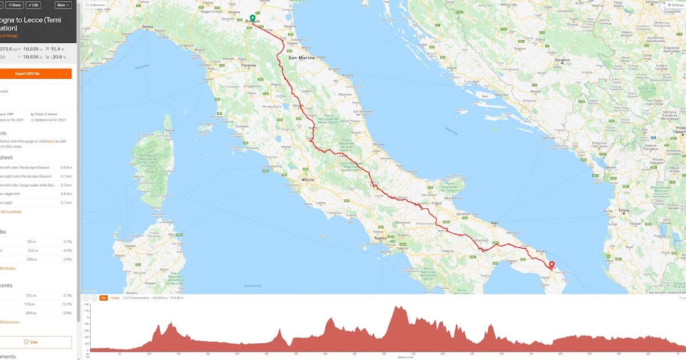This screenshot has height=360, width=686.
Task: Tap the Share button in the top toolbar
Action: (x=15, y=5)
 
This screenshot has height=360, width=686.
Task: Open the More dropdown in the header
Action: (x=63, y=5)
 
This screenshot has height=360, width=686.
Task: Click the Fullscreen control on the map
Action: (x=95, y=5)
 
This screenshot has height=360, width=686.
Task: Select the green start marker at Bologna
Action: (x=252, y=18)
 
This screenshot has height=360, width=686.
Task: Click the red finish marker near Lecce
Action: (x=552, y=265)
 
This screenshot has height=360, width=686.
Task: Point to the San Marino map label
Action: (x=301, y=58)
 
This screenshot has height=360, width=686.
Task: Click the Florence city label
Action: (x=249, y=66)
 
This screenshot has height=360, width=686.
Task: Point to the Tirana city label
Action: (x=623, y=210)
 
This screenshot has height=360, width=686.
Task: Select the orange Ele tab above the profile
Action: (x=103, y=298)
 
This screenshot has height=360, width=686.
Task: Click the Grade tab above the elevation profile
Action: (x=115, y=298)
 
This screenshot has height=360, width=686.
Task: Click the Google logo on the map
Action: (x=90, y=291)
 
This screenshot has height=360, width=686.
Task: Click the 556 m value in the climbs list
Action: (x=33, y=250)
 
